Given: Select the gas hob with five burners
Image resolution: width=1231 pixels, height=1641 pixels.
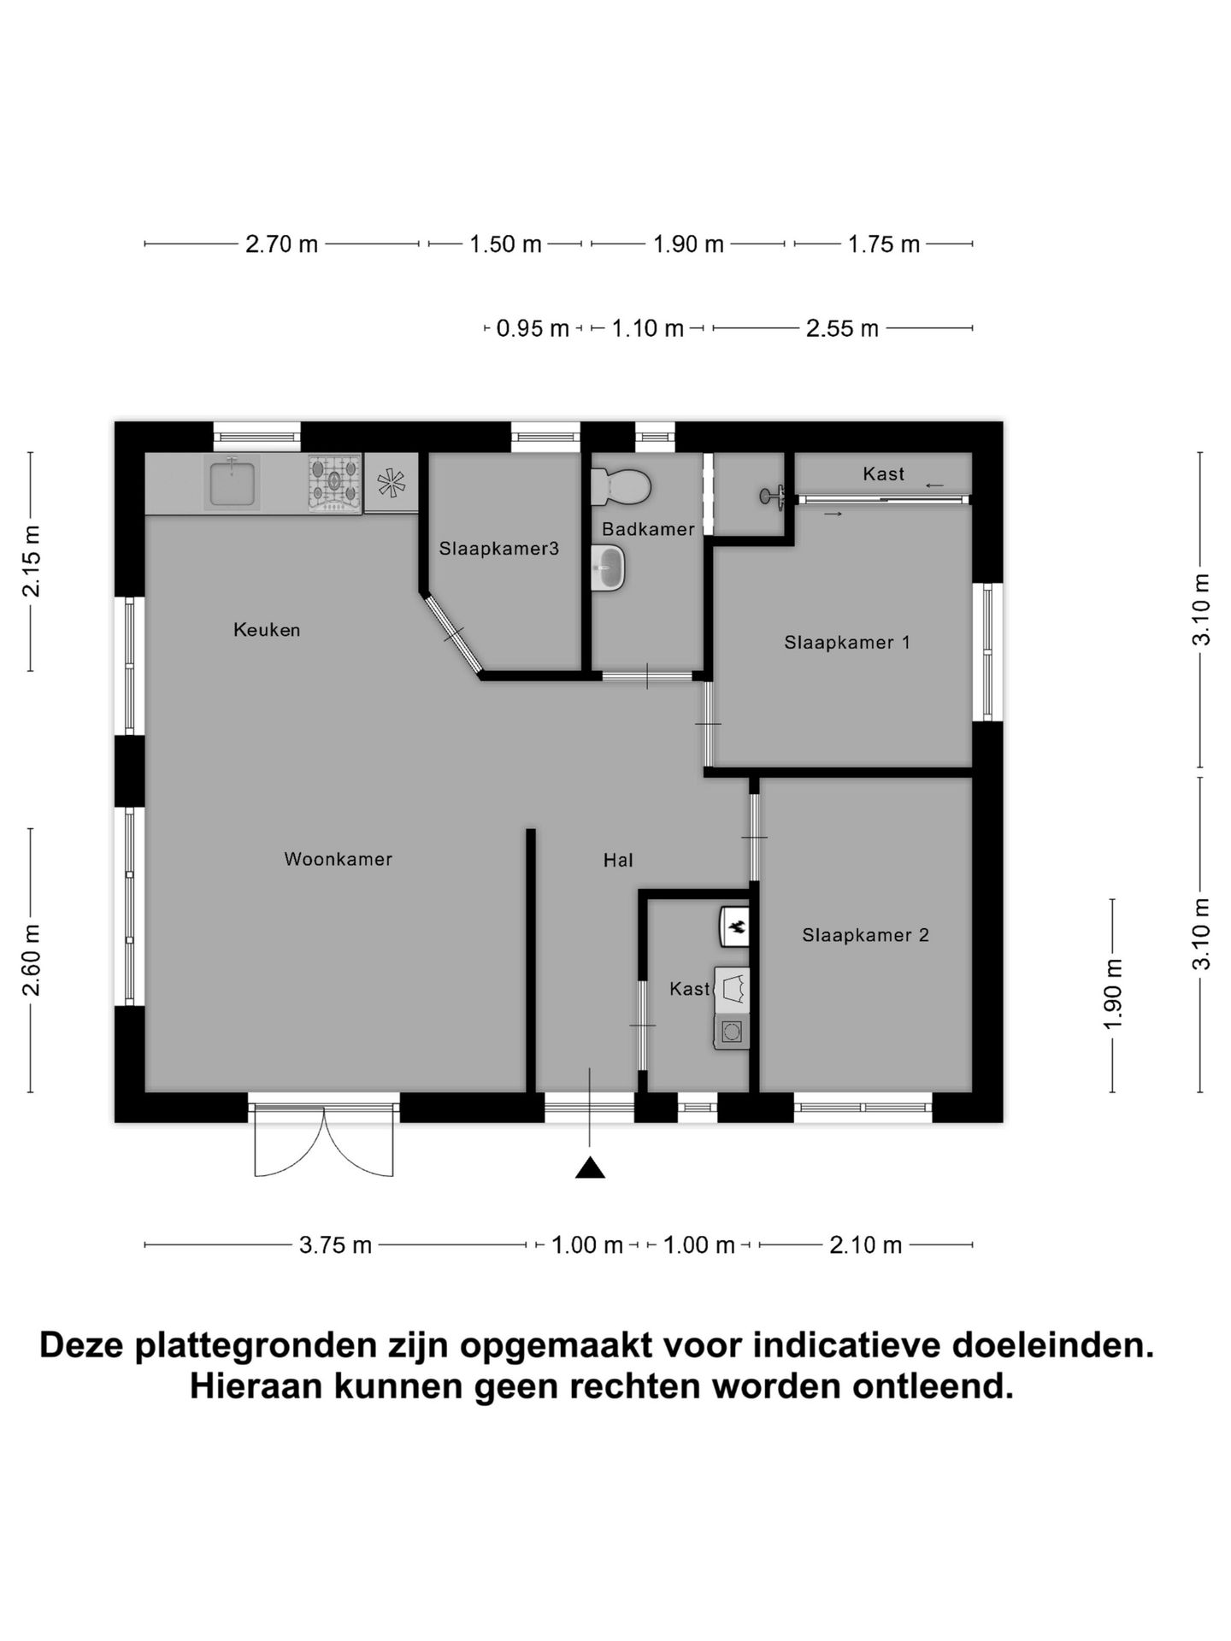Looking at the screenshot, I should click(x=334, y=484).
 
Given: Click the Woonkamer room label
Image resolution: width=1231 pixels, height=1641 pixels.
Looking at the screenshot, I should click(x=338, y=859).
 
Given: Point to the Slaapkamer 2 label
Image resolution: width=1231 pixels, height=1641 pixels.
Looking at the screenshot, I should click(x=865, y=935).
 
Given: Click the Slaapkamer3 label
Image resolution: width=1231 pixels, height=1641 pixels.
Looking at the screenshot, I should click(x=498, y=549).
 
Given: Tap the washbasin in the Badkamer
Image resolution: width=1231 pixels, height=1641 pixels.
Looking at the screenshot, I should click(x=609, y=568).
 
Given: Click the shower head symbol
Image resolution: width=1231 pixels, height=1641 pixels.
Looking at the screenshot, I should click(x=772, y=495).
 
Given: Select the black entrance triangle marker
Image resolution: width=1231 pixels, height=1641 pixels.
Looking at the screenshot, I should click(x=590, y=1168).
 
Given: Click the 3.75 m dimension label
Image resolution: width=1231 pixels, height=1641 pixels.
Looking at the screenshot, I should click(x=335, y=1245).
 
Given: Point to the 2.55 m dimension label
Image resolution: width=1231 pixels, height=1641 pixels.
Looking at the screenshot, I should click(x=842, y=328).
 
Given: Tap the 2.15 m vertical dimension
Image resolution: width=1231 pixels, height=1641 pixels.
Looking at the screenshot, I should click(x=31, y=561).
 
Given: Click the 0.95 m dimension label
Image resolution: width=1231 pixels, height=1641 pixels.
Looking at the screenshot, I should click(x=532, y=328).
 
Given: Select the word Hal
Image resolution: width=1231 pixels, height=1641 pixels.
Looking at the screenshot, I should click(x=618, y=861).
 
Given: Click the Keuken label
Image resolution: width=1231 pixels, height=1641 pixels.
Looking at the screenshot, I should click(x=267, y=630).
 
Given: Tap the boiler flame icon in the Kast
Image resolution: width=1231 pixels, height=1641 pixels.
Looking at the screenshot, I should click(x=735, y=926).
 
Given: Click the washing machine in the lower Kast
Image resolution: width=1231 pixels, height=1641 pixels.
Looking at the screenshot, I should click(x=733, y=1032).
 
